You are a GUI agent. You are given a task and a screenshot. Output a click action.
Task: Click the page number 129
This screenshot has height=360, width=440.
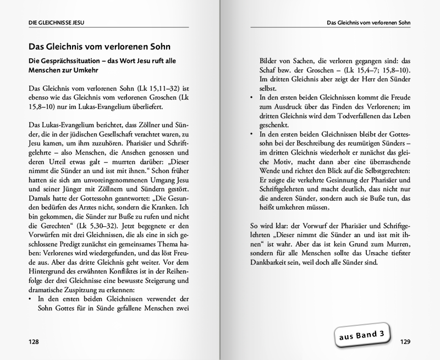405,342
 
